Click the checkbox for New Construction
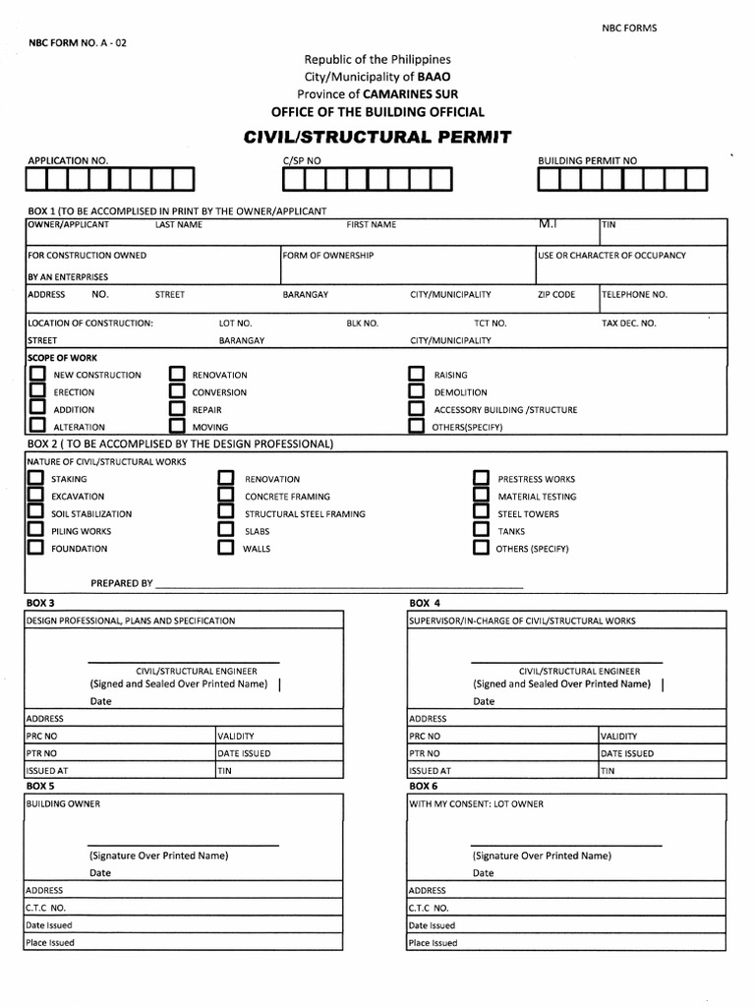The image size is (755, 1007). [37, 375]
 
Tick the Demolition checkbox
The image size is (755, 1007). [416, 392]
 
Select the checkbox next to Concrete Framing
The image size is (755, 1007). [225, 497]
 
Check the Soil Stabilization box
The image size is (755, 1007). [35, 513]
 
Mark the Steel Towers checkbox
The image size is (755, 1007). [481, 513]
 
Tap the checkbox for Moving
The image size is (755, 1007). [177, 427]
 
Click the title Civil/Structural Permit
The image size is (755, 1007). [377, 138]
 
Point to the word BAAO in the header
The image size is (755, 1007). [436, 77]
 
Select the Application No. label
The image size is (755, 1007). [68, 160]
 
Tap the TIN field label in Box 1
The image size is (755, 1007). [609, 225]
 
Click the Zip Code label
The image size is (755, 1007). [556, 294]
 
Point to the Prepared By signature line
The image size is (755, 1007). [339, 586]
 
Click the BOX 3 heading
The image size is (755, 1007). [40, 602]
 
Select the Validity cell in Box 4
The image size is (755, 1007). [619, 736]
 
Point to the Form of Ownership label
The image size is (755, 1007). [327, 256]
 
